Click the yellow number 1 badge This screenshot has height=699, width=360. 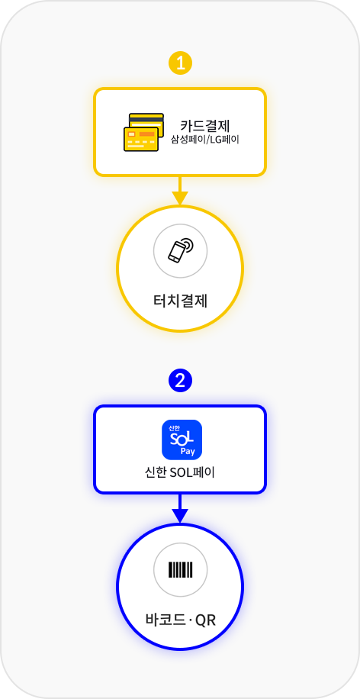[x=180, y=64]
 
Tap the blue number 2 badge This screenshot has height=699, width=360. [x=180, y=381]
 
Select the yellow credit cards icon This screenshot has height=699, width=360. [x=144, y=133]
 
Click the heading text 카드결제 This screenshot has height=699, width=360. [x=205, y=125]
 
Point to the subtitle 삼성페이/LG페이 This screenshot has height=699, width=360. [x=205, y=139]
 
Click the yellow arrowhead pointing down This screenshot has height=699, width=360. [x=180, y=198]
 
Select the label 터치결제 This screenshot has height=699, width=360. [x=180, y=301]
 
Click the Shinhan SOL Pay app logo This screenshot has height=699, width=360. [x=182, y=440]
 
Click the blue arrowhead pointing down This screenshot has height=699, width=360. [x=180, y=515]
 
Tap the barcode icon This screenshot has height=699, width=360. [x=181, y=570]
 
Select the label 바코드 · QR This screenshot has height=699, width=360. [x=181, y=620]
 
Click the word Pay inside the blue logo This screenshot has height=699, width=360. [x=188, y=452]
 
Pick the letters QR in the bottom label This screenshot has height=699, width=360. [x=205, y=620]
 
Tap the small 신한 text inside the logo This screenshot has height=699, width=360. [x=174, y=427]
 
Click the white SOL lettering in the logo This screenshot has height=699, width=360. [x=181, y=438]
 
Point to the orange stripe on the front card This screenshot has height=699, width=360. [x=146, y=134]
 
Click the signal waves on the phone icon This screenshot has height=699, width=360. [x=188, y=245]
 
